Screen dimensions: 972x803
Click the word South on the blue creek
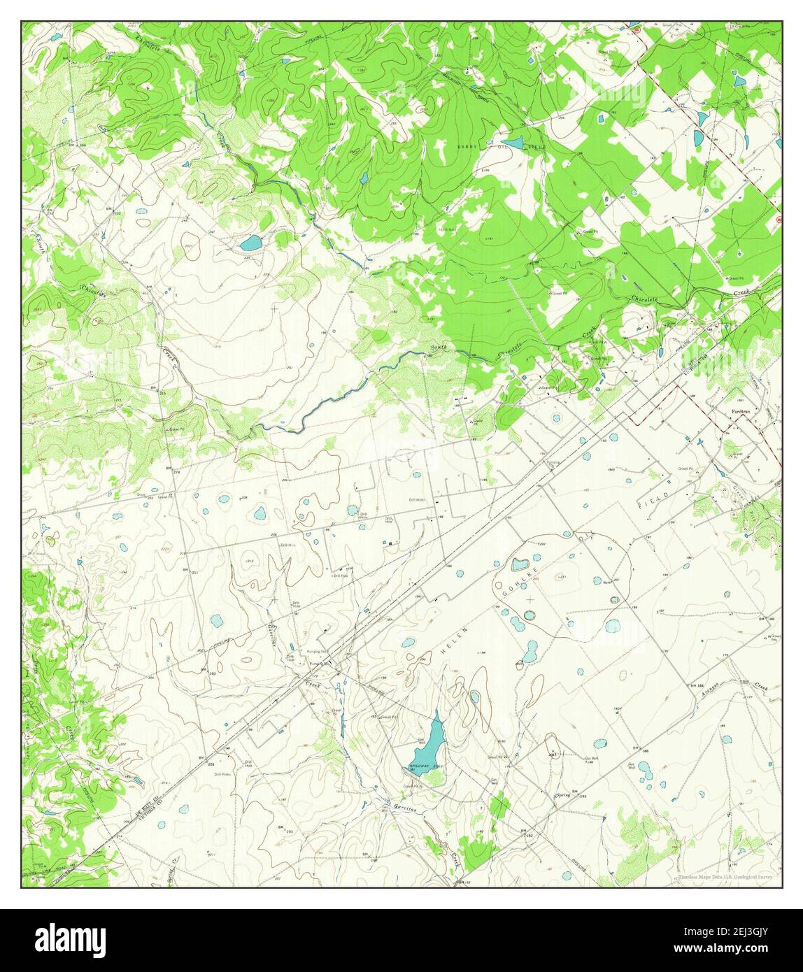[x=439, y=348]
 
